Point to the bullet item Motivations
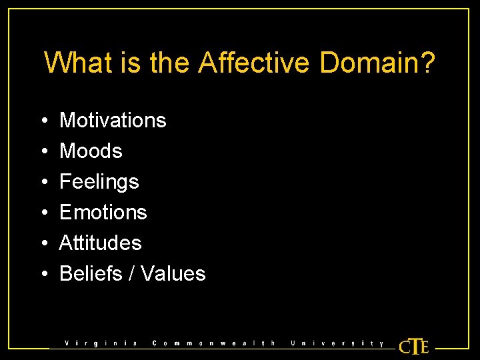113,120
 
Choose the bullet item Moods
91,151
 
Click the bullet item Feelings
99,181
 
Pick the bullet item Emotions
103,212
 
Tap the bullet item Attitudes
100,243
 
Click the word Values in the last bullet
173,273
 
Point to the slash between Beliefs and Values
131,273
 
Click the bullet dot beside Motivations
43,121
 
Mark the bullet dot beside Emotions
43,213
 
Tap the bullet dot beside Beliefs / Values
43,274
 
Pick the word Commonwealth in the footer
213,343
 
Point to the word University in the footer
337,343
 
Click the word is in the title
130,63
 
